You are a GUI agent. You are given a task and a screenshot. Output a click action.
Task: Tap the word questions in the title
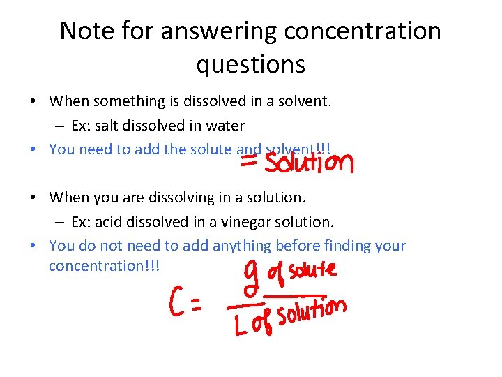[x=250, y=64]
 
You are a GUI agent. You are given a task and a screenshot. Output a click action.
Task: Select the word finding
[x=342, y=246]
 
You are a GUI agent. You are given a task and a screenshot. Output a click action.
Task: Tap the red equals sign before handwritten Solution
[x=250, y=161]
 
